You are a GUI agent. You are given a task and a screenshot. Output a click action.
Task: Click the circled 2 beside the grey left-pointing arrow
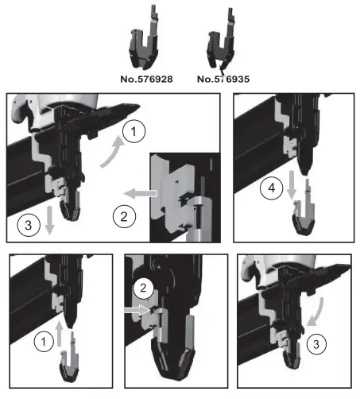click(x=122, y=214)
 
